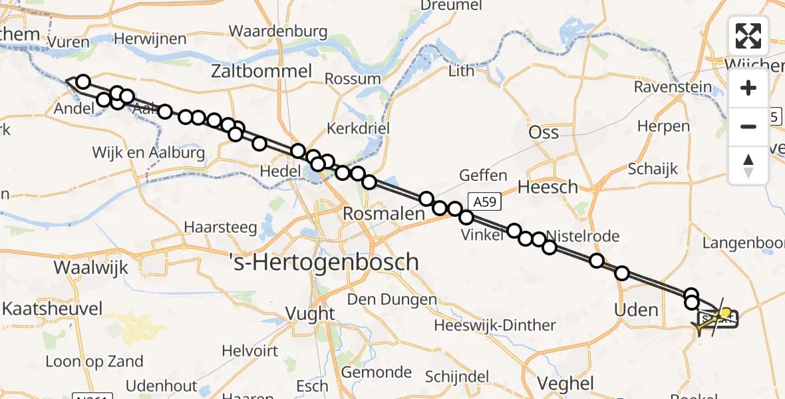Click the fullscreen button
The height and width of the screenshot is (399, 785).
point(748,35)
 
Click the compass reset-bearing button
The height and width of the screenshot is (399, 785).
point(748,166)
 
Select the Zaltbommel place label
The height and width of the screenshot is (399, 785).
point(261,71)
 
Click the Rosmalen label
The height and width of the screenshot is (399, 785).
point(383,214)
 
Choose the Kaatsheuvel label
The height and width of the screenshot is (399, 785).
point(53,309)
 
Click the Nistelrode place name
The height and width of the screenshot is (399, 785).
point(583,236)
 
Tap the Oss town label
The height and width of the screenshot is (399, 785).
point(543,132)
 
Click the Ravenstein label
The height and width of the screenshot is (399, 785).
point(673,87)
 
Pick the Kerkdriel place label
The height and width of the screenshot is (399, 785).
point(358,128)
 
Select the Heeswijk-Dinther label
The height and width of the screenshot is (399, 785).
point(494,325)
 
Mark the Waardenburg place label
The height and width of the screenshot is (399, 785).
point(278,31)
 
